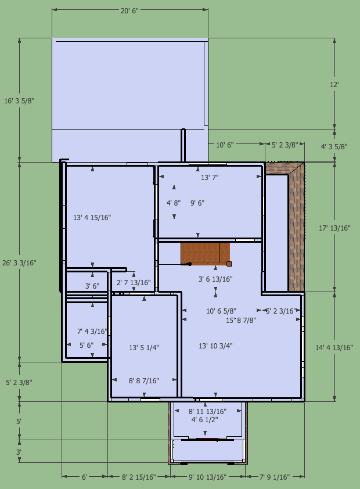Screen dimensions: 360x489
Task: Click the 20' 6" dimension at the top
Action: click(129, 10)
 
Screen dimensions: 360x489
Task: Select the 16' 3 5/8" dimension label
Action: click(19, 100)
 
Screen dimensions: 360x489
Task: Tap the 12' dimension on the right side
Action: click(334, 85)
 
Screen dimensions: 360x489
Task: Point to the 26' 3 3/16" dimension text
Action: click(19, 263)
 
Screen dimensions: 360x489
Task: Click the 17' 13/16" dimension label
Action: click(334, 228)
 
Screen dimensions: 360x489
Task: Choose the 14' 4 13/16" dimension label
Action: click(334, 348)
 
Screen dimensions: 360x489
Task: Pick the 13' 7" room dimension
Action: click(210, 178)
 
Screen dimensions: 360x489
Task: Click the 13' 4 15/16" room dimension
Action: click(92, 218)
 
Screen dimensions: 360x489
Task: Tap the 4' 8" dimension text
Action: click(174, 203)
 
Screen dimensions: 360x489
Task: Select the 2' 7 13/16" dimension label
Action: click(134, 283)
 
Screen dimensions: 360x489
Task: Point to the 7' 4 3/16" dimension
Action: click(92, 331)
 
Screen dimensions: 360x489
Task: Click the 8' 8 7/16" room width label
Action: click(144, 381)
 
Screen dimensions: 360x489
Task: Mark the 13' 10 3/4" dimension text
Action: click(215, 346)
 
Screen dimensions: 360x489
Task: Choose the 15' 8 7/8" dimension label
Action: click(241, 320)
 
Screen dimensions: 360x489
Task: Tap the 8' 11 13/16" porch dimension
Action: click(207, 412)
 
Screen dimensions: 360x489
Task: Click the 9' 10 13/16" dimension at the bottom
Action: click(208, 477)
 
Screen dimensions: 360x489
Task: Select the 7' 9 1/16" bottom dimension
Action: click(275, 477)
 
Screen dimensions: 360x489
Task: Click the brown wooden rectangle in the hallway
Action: click(205, 254)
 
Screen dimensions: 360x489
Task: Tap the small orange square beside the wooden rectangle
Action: click(229, 264)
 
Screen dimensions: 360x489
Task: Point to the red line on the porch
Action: click(207, 439)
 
